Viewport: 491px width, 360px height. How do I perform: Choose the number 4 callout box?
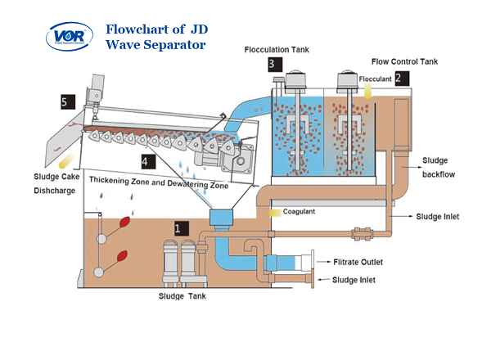pos(146,161)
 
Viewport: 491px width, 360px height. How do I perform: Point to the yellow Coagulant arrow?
pos(275,212)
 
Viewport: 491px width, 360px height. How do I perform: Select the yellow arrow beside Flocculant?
pos(367,95)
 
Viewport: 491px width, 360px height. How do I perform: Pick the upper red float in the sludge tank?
pos(124,222)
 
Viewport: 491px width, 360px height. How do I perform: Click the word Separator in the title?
pos(175,44)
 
